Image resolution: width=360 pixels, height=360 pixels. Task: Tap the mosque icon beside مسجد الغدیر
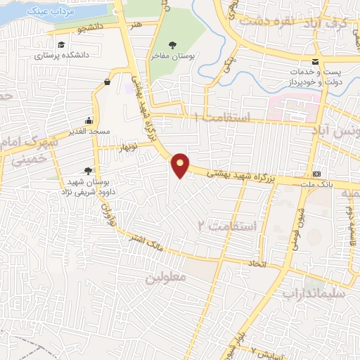tap(88, 120)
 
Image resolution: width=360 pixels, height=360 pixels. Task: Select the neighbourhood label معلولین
tap(165, 278)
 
